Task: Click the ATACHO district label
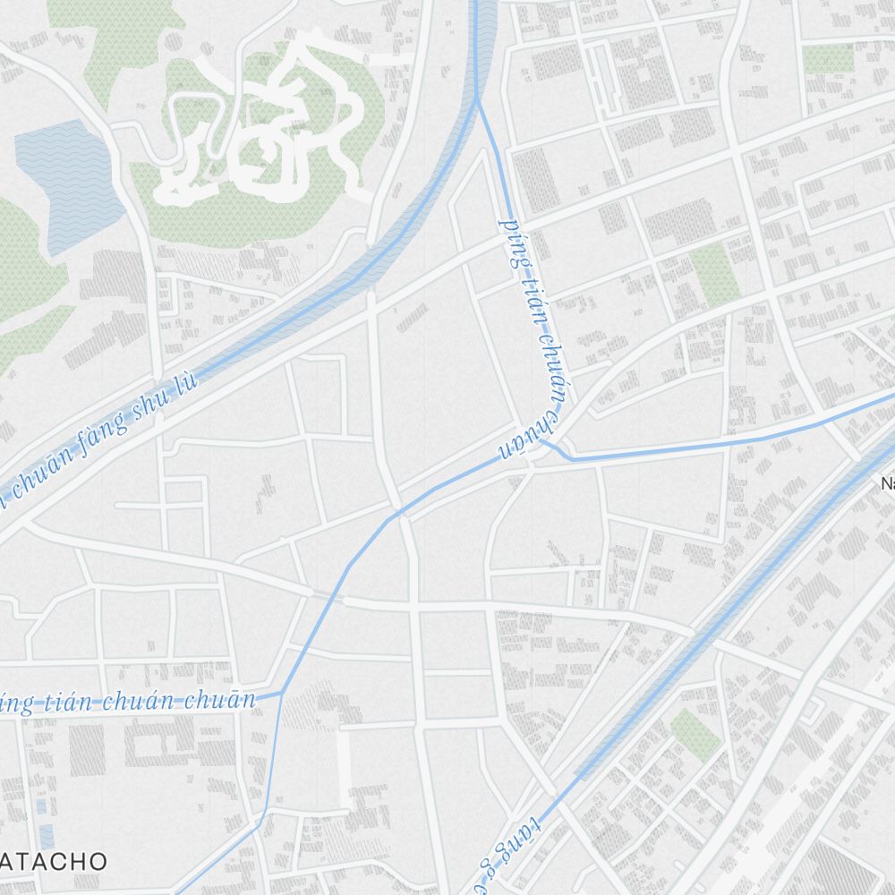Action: pos(55,861)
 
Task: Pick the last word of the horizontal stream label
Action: pos(221,699)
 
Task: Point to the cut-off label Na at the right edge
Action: pos(887,484)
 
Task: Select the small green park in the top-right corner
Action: pos(828,59)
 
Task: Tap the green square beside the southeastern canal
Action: pos(695,734)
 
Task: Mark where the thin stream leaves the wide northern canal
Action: pos(478,100)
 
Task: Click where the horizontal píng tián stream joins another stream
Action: pos(282,694)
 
